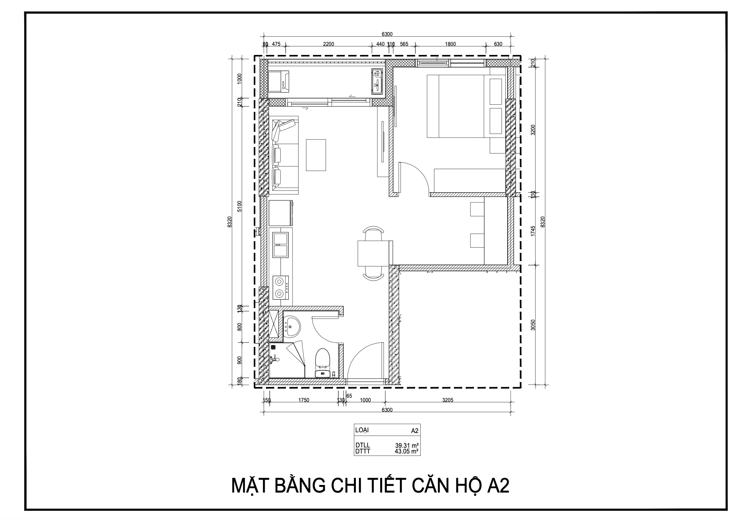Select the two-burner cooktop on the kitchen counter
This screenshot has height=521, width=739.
coord(281,287)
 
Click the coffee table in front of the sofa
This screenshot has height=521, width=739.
coord(316,155)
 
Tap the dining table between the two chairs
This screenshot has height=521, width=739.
coord(373,253)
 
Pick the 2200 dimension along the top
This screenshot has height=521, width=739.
coord(329,44)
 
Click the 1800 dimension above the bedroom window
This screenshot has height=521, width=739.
coord(450,44)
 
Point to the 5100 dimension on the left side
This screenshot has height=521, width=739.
coord(239,207)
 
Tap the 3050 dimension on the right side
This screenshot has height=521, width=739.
coord(533,325)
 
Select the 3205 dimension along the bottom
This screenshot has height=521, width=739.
coord(448,400)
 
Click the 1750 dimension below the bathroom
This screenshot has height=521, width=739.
coord(303,400)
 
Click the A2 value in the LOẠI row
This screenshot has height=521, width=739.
coord(414,431)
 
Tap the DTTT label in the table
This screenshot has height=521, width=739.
coord(362,451)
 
